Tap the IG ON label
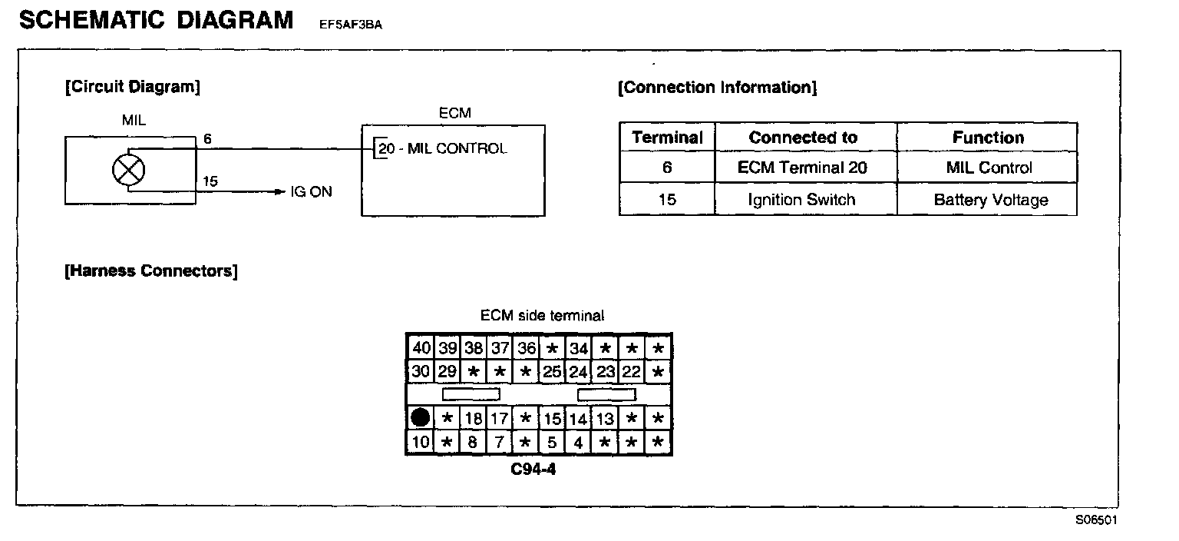(311, 192)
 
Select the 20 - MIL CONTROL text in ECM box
(443, 149)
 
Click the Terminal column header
(667, 138)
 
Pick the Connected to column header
(803, 138)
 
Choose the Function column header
(988, 138)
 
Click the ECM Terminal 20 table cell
(803, 168)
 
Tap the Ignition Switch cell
(803, 201)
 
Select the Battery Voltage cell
(990, 201)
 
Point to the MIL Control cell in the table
(989, 168)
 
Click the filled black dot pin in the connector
(420, 419)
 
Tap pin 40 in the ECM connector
(421, 348)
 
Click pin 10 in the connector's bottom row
(421, 443)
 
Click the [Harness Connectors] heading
(151, 271)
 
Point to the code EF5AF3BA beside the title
(351, 25)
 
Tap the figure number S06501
(1096, 519)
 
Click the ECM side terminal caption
(542, 316)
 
